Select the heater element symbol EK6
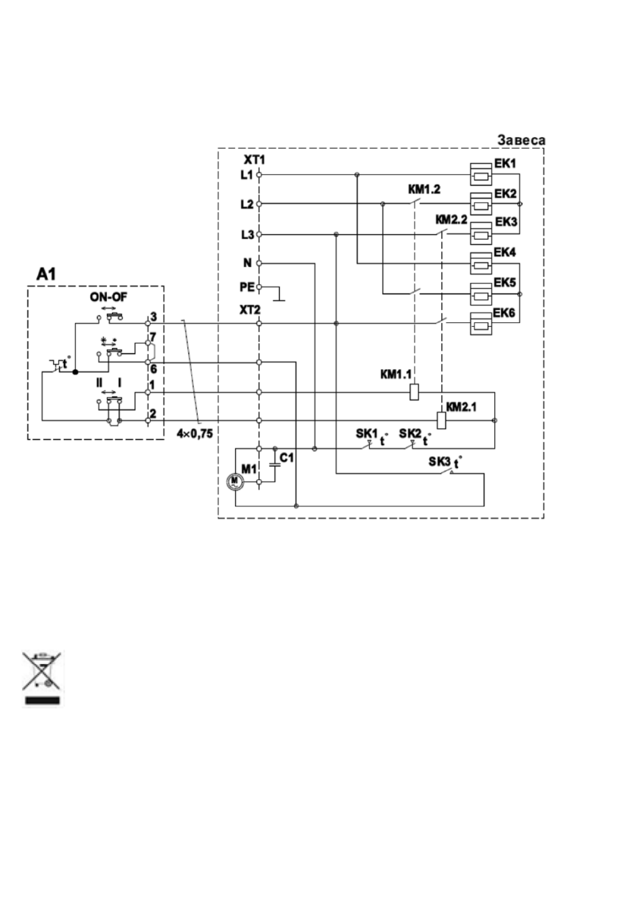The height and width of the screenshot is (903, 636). coord(481,324)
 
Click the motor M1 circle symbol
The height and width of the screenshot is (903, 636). coord(234,481)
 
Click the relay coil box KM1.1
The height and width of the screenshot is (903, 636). coord(414,392)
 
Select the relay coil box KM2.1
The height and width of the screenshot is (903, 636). coord(442,420)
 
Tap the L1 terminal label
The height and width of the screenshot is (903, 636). coord(246,175)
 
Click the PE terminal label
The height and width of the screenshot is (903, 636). coord(246,287)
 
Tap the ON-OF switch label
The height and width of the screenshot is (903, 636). coord(108,298)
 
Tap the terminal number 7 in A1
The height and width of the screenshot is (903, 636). coord(153,336)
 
